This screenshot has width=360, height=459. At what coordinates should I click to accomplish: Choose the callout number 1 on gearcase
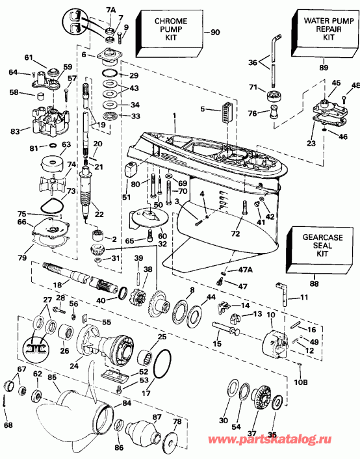click(174, 116)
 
